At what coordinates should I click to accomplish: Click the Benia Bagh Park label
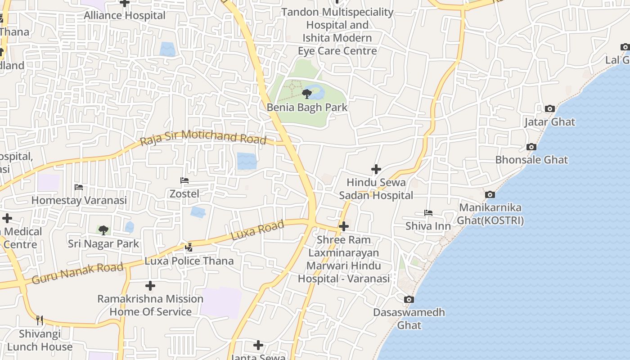[x=307, y=108]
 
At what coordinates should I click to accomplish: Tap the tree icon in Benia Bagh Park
[x=307, y=94]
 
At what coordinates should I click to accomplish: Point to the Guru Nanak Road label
[x=77, y=274]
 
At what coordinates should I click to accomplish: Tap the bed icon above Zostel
[x=184, y=180]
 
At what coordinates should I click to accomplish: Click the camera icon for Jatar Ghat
[x=549, y=108]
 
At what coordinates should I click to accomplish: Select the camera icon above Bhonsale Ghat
[x=531, y=147]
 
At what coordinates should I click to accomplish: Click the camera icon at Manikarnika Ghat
[x=490, y=194]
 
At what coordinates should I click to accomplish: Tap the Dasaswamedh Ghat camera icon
[x=409, y=299]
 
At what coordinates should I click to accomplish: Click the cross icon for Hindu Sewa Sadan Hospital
[x=376, y=169]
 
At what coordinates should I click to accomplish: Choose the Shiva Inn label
[x=428, y=226]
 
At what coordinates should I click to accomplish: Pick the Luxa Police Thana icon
[x=189, y=247]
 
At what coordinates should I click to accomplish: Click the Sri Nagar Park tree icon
[x=103, y=230]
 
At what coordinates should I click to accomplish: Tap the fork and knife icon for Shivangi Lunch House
[x=40, y=320]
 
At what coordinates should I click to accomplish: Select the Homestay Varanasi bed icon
[x=79, y=187]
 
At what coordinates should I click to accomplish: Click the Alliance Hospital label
[x=125, y=15]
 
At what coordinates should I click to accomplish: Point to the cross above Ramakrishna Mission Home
[x=150, y=286]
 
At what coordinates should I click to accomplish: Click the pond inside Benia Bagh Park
[x=317, y=92]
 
